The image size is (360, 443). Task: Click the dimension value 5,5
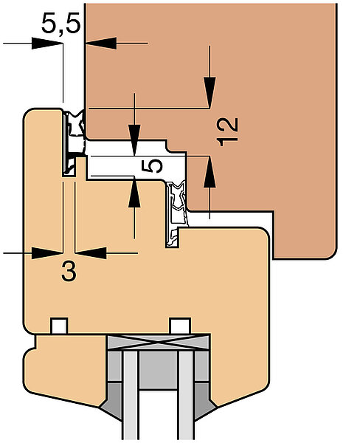click(61, 24)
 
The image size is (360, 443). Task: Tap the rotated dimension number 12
click(227, 131)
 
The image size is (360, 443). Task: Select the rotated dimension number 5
click(152, 166)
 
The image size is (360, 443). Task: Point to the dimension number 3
click(69, 271)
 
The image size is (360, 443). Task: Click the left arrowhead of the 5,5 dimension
click(47, 44)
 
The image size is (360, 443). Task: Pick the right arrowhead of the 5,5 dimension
click(101, 44)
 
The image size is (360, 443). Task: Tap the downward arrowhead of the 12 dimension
click(210, 92)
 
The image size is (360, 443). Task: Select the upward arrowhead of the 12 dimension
click(210, 171)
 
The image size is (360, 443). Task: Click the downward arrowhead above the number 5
click(134, 140)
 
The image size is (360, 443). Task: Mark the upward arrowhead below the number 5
click(134, 192)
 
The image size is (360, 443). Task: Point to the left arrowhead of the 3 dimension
click(47, 253)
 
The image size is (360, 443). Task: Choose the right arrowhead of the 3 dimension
click(91, 253)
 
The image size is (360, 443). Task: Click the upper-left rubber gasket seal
click(74, 141)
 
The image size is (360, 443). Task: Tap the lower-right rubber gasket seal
click(177, 213)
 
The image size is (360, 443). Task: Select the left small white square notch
click(59, 326)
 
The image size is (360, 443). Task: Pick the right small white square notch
click(181, 326)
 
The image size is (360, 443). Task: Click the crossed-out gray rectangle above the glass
click(159, 342)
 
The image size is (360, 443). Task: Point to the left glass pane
click(131, 396)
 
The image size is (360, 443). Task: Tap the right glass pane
click(186, 396)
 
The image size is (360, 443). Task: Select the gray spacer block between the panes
click(159, 370)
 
